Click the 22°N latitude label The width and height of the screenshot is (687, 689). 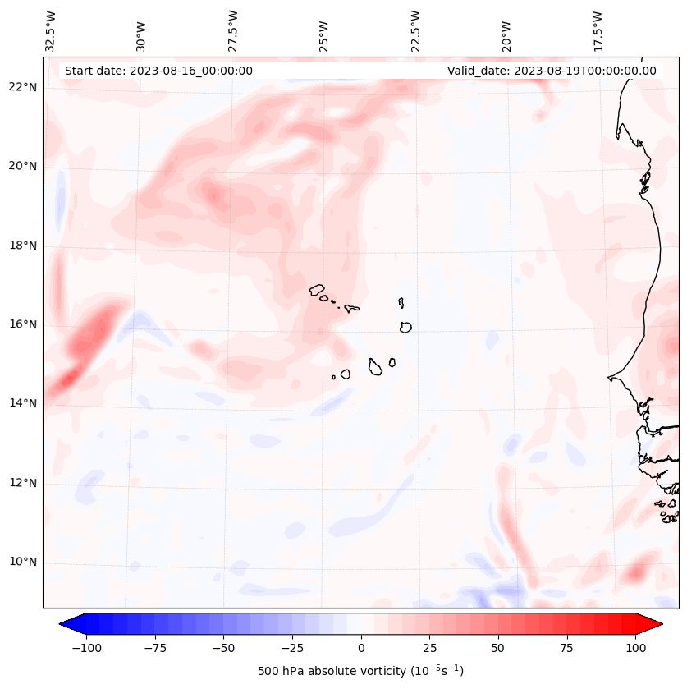coord(22,87)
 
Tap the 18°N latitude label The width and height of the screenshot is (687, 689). coord(22,246)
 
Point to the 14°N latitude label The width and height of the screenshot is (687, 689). coord(22,403)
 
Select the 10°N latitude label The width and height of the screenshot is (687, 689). coord(22,563)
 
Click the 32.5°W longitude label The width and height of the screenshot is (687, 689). coord(51,31)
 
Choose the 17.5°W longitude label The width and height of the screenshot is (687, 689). coord(597,31)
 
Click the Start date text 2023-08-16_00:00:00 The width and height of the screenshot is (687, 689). coord(158,71)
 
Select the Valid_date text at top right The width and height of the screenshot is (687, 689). coord(552,71)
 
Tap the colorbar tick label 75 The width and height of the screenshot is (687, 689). coord(567,648)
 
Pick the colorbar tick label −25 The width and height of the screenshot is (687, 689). coord(292,648)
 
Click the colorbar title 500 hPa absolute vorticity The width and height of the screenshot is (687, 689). coord(361,671)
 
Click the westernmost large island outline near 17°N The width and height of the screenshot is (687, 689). coord(317,289)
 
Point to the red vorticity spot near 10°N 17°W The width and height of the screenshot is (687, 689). coord(638,571)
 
